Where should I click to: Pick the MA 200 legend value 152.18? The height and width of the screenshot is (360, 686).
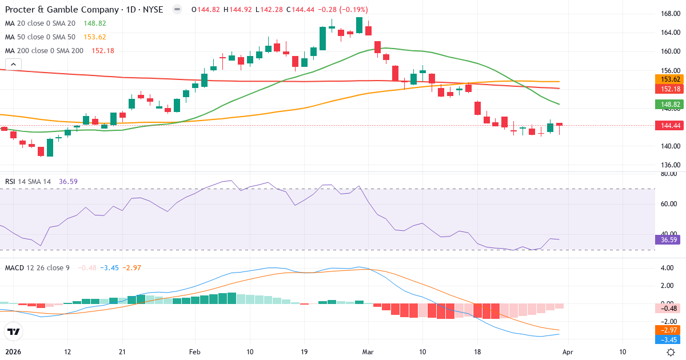click(103, 51)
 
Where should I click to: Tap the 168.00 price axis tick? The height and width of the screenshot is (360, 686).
click(669, 14)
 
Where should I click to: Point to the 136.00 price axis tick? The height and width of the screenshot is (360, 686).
click(669, 166)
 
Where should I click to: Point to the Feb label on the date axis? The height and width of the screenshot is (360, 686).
click(195, 352)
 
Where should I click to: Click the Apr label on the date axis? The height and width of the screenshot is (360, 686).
click(567, 352)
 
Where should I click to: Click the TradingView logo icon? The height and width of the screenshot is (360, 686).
click(14, 332)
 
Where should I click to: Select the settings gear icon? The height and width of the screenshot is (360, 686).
click(671, 353)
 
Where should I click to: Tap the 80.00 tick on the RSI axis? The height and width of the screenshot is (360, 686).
click(669, 174)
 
